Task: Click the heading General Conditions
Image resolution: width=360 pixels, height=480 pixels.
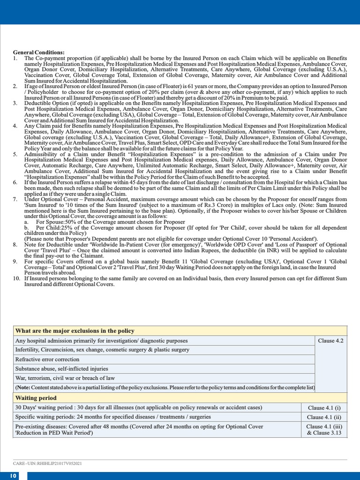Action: coord(39,52)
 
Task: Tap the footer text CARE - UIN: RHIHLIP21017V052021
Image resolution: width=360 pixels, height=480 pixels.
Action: coord(47,464)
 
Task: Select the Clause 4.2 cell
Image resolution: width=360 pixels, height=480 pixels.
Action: coord(330,341)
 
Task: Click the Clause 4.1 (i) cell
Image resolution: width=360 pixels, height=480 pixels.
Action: coord(324,408)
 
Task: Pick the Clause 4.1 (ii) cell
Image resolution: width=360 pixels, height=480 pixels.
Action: coord(324,417)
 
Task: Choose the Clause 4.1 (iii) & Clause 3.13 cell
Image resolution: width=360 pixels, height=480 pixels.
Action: coord(324,430)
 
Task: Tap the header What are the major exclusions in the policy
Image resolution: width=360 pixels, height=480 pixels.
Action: coord(75,331)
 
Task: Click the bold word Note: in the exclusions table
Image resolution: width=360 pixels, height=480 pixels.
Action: coord(23,388)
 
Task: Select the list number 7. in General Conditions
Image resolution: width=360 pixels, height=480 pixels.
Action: coord(15,199)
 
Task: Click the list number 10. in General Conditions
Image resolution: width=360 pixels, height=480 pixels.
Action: coord(16,278)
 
